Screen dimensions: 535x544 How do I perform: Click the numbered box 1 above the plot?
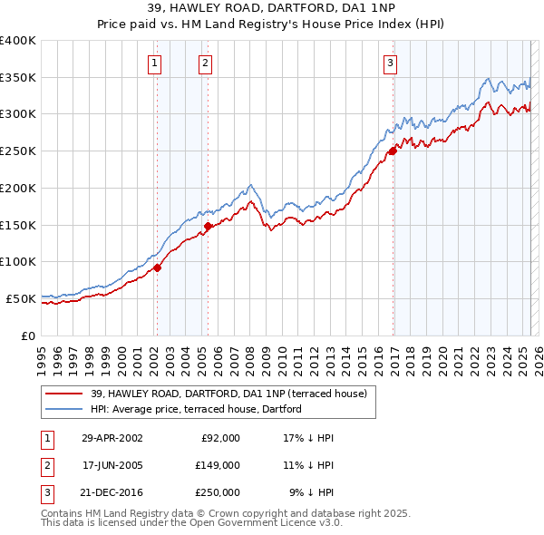(x=156, y=63)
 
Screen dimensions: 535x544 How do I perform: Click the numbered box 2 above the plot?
(x=207, y=63)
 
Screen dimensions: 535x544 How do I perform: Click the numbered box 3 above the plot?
(x=390, y=63)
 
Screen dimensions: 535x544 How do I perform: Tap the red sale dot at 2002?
(x=157, y=267)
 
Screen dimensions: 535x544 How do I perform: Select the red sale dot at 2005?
(x=208, y=226)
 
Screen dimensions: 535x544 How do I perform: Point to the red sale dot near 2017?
(x=393, y=151)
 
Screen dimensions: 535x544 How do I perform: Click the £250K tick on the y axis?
(x=18, y=151)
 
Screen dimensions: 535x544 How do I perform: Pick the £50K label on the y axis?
(x=21, y=298)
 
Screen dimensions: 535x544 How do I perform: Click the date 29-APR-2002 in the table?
(x=112, y=438)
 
